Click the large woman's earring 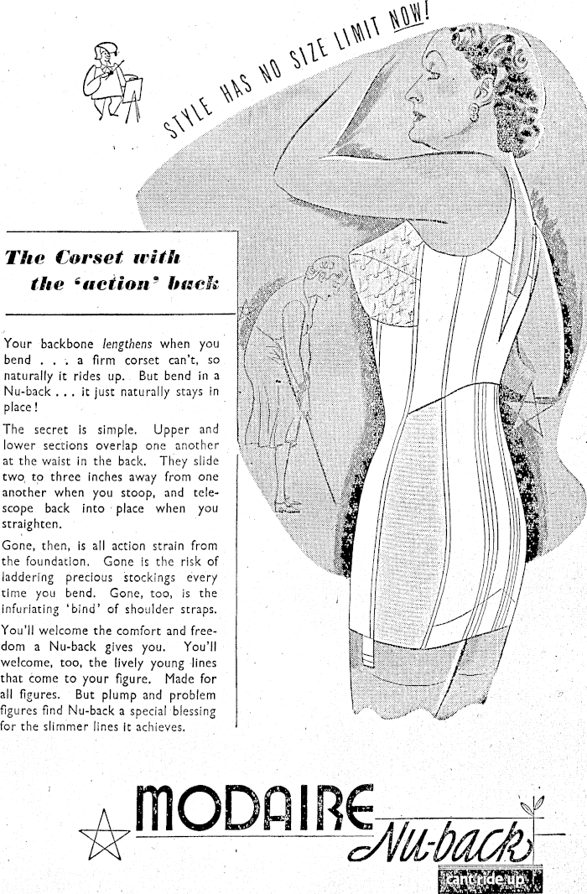coord(486,112)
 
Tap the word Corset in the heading coord(96,257)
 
